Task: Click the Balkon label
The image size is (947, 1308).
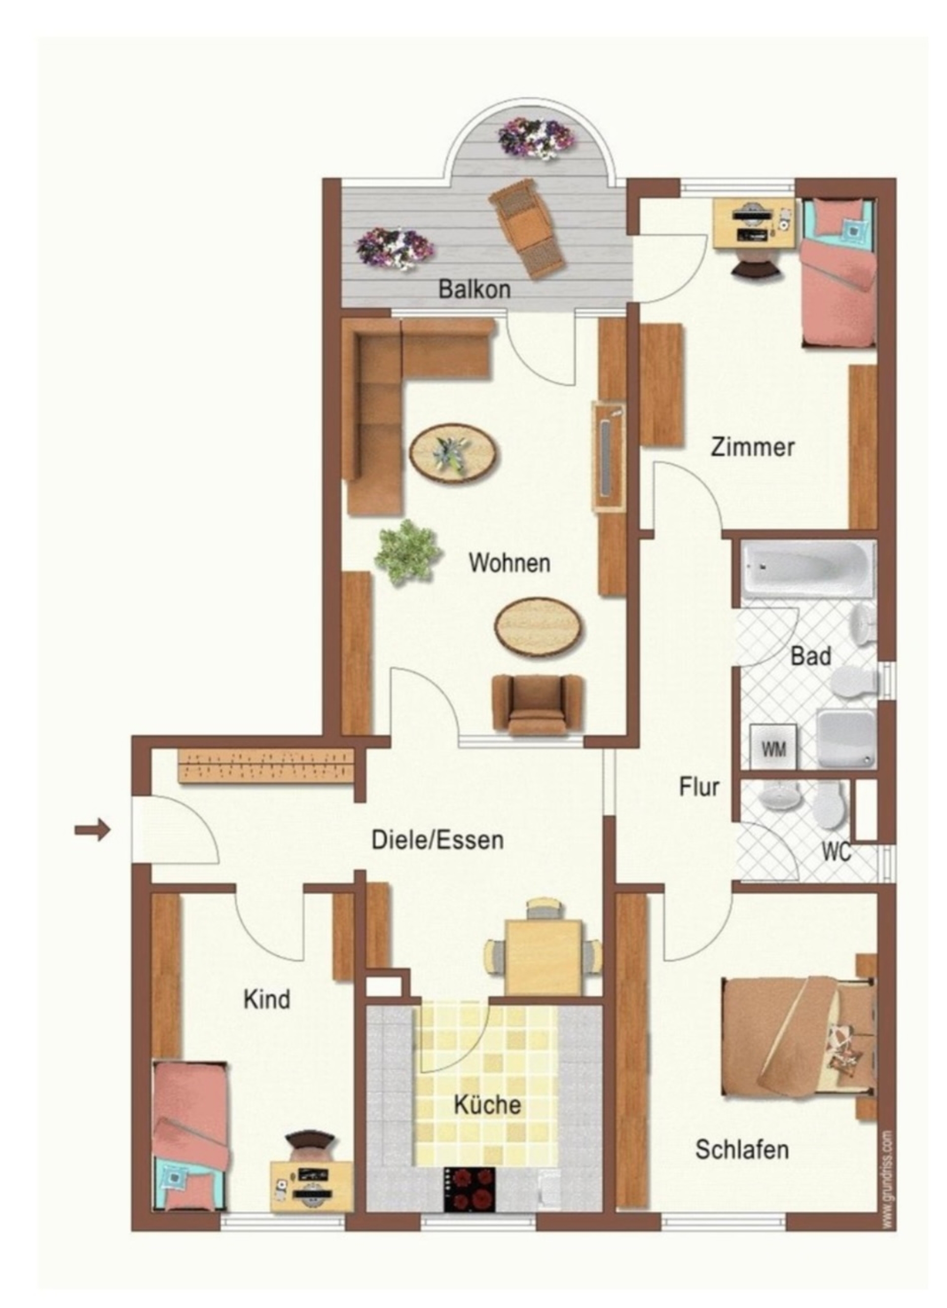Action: tap(474, 289)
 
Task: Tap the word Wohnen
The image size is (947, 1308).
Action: tap(509, 563)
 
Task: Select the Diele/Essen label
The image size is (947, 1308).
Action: tap(437, 840)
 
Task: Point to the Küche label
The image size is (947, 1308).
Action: tap(487, 1105)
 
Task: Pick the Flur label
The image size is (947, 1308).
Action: tap(699, 787)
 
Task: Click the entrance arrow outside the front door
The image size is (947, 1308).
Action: tap(92, 831)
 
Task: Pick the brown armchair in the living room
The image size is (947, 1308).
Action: tap(538, 705)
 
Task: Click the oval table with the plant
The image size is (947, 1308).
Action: tap(454, 450)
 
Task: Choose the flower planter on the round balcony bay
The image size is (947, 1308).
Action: tap(536, 139)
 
